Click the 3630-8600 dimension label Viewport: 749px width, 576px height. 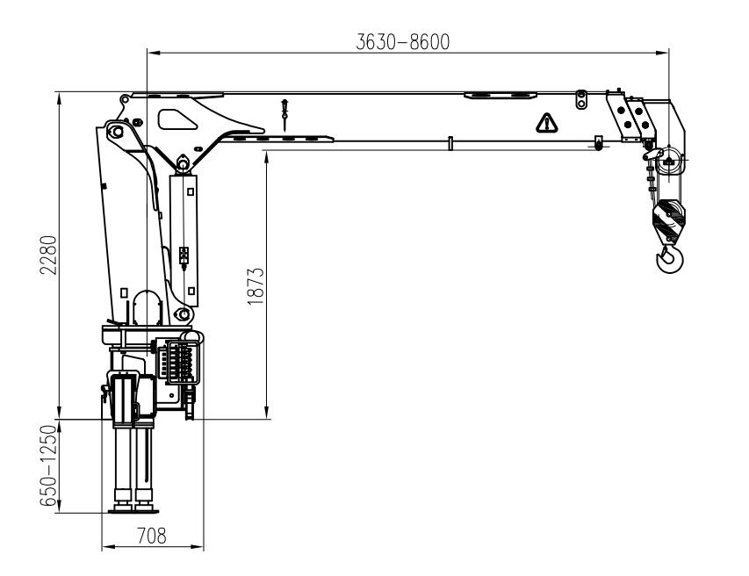pyautogui.click(x=403, y=42)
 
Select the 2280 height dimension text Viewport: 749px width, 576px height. pyautogui.click(x=48, y=255)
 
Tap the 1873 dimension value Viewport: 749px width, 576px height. pyautogui.click(x=256, y=286)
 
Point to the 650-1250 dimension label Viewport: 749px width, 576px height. pyautogui.click(x=48, y=466)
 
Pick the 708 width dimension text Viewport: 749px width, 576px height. pyautogui.click(x=152, y=536)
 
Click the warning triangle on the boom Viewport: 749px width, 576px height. pyautogui.click(x=546, y=123)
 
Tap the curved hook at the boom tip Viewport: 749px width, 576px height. pyautogui.click(x=669, y=258)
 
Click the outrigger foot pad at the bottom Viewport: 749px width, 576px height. pyautogui.click(x=133, y=511)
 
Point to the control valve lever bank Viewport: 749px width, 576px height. pyautogui.click(x=180, y=363)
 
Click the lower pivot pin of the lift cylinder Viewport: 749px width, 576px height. pyautogui.click(x=182, y=314)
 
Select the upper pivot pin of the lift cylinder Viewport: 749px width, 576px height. pyautogui.click(x=183, y=162)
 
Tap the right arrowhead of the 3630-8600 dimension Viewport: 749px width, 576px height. pyautogui.click(x=663, y=53)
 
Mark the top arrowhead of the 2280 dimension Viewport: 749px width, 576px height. pyautogui.click(x=59, y=98)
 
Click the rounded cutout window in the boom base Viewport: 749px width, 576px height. pyautogui.click(x=177, y=119)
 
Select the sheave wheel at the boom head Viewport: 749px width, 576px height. pyautogui.click(x=669, y=161)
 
